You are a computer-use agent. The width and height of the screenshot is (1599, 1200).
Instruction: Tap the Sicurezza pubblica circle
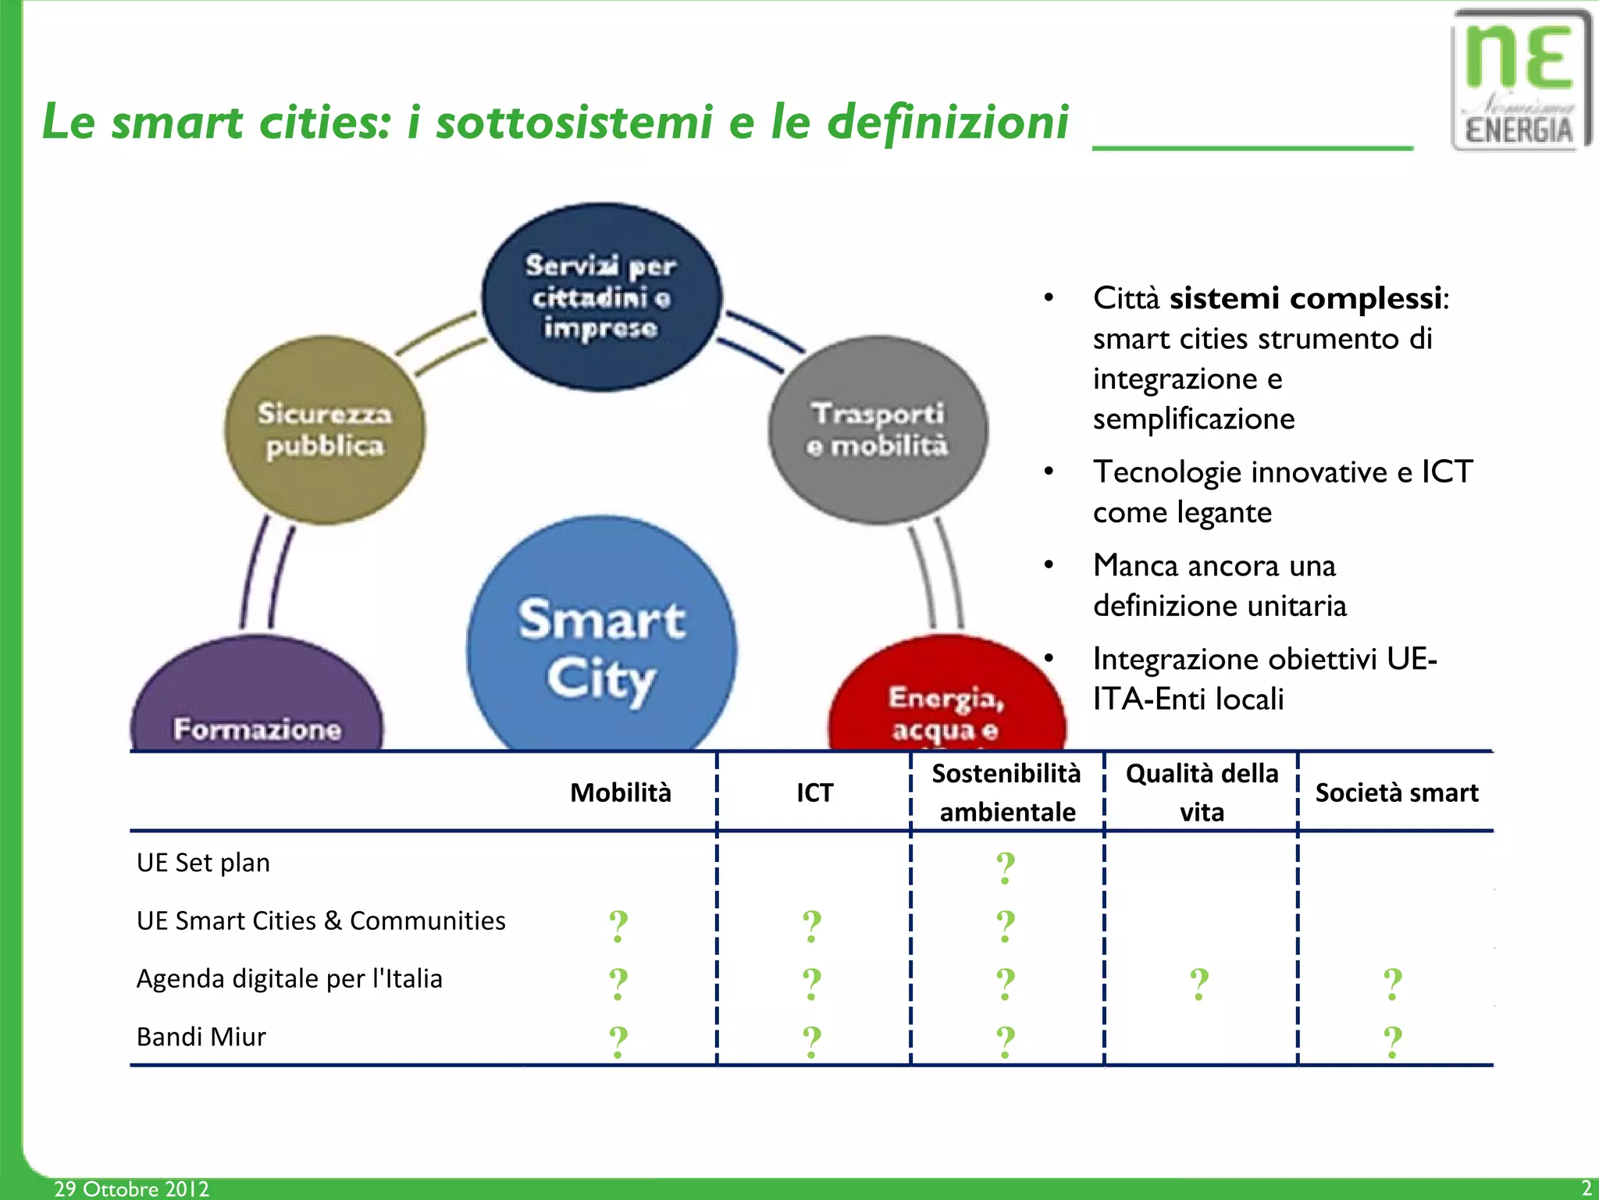click(324, 429)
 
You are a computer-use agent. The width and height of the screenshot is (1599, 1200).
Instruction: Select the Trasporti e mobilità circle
click(878, 429)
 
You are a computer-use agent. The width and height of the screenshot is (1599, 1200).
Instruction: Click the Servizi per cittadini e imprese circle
click(601, 297)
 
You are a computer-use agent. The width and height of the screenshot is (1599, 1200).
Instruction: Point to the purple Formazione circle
click(257, 703)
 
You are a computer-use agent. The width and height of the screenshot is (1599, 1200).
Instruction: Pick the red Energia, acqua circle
click(946, 699)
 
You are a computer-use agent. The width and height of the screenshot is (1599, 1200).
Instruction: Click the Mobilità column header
click(620, 792)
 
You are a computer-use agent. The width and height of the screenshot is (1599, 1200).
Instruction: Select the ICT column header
click(814, 792)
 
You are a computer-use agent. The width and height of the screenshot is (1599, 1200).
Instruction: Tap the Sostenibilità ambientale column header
click(1006, 792)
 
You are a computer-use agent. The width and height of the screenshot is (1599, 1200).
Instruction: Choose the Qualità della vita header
click(1202, 792)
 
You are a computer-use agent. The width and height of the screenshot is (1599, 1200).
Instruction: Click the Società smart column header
click(1396, 792)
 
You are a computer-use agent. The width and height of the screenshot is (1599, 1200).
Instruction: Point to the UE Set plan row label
click(203, 863)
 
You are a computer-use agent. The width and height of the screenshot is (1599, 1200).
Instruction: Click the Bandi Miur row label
click(201, 1037)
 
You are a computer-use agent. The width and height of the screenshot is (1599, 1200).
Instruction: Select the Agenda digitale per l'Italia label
click(289, 978)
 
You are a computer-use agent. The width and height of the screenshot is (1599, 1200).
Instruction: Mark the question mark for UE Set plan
click(1006, 867)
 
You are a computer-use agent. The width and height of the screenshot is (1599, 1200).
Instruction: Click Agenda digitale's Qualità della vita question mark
click(1199, 984)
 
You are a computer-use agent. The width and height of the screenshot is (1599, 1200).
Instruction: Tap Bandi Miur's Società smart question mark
click(1393, 1042)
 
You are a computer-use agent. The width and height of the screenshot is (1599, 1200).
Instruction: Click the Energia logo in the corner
click(1519, 80)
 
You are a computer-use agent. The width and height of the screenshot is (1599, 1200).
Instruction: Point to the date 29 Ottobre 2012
click(131, 1188)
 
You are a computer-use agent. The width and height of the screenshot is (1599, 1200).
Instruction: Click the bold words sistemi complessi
click(1305, 298)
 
